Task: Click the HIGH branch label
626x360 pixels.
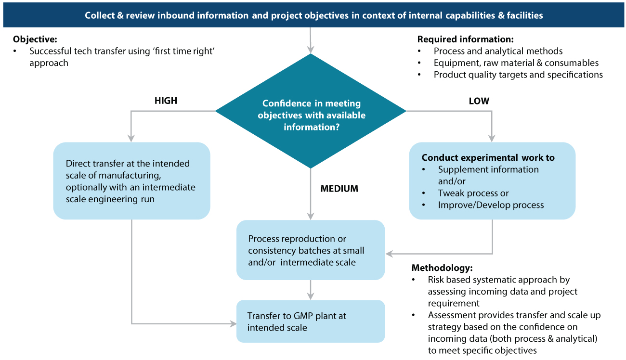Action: [166, 101]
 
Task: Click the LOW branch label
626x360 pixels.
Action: [479, 101]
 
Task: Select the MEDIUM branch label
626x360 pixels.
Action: [339, 189]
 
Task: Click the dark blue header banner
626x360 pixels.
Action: [313, 15]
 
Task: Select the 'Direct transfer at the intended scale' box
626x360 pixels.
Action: [131, 181]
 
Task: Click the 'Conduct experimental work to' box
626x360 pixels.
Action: [492, 181]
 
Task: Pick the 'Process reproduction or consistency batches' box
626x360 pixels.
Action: [311, 250]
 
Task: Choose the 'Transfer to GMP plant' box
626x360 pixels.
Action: [311, 321]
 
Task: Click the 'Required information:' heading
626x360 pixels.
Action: [465, 39]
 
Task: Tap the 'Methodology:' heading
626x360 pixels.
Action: [442, 268]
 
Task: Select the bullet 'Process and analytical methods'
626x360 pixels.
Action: [498, 51]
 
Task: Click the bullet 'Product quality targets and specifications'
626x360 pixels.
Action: [518, 75]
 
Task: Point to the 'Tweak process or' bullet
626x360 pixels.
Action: [473, 193]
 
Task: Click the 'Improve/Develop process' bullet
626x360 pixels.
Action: [491, 205]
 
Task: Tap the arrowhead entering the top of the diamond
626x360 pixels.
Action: [311, 49]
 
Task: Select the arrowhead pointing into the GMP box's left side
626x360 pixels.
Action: [233, 323]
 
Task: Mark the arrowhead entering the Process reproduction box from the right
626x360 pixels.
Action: [389, 253]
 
